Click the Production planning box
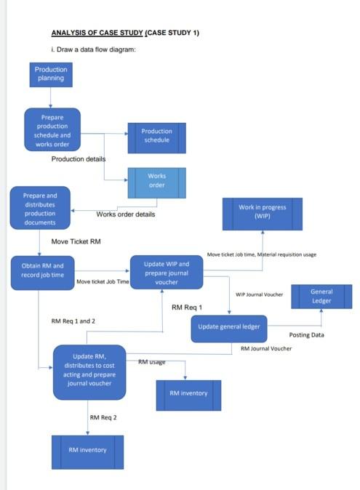point(50,73)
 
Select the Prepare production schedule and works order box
point(52,130)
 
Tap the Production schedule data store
point(156,137)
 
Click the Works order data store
point(156,181)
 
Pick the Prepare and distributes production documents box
point(40,209)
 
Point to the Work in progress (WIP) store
point(262,212)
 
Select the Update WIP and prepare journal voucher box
point(167,273)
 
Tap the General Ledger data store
point(321,296)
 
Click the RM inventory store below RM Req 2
point(87,451)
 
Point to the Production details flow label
point(79,158)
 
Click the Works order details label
point(125,214)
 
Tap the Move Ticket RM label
point(76,241)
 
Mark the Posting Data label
point(306,335)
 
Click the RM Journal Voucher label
point(265,349)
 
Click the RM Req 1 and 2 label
point(73,321)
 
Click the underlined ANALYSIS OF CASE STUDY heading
point(125,33)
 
